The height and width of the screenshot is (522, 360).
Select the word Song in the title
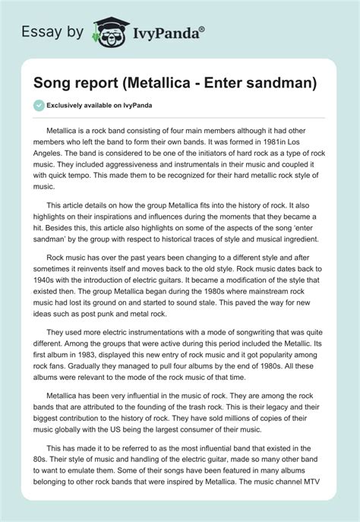click(x=48, y=81)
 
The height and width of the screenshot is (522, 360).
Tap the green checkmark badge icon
click(x=38, y=105)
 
